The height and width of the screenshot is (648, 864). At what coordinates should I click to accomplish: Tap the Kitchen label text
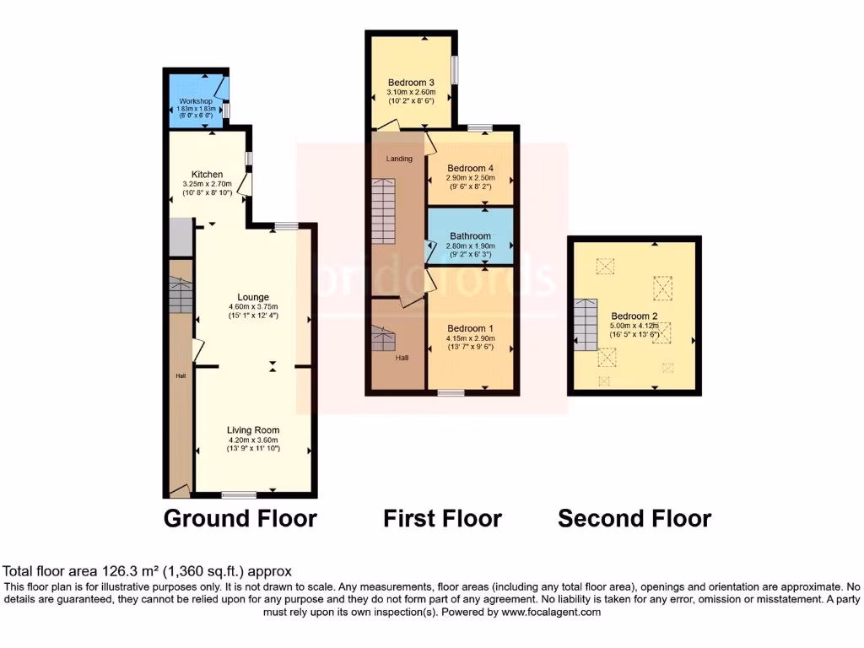pos(207,175)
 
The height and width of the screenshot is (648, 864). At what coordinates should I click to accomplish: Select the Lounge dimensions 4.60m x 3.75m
pos(253,306)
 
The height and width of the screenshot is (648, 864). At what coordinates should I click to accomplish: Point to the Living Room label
pos(253,430)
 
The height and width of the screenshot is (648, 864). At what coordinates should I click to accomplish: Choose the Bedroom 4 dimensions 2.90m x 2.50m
pos(470,179)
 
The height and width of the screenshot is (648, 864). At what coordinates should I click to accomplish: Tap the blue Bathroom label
pos(470,236)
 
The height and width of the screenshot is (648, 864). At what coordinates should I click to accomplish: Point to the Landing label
pos(400,159)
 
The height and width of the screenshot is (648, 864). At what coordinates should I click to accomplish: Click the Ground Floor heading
pos(240,518)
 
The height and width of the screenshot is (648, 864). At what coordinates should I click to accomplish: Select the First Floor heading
pos(442,518)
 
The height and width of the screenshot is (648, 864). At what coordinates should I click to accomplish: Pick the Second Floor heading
pos(634,518)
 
